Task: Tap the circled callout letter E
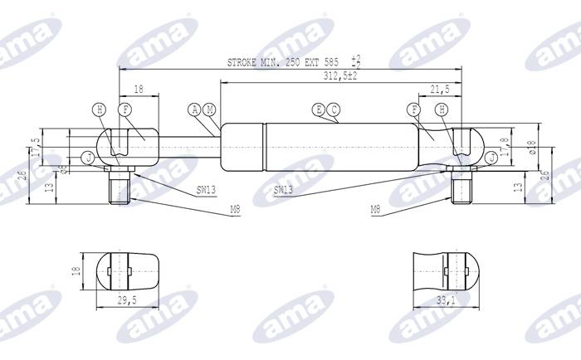pos(319,109)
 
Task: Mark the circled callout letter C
pos(333,109)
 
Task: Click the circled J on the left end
pos(89,157)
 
